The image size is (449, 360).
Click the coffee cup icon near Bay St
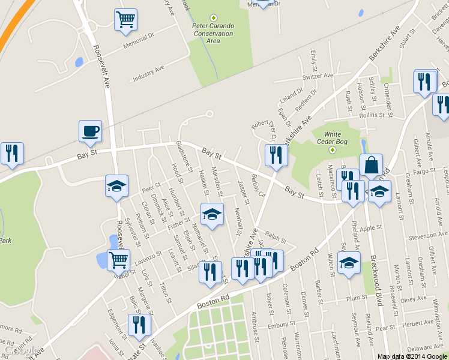90,131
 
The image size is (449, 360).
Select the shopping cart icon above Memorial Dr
125,20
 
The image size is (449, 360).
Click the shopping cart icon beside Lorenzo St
118,260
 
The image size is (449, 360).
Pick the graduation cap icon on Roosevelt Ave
116,186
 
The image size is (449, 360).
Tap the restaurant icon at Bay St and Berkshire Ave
276,155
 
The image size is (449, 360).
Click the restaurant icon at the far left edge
11,154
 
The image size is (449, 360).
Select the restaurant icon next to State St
139,326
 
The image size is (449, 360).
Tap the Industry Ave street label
148,73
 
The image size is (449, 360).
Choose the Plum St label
357,298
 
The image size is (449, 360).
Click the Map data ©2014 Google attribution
412,356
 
